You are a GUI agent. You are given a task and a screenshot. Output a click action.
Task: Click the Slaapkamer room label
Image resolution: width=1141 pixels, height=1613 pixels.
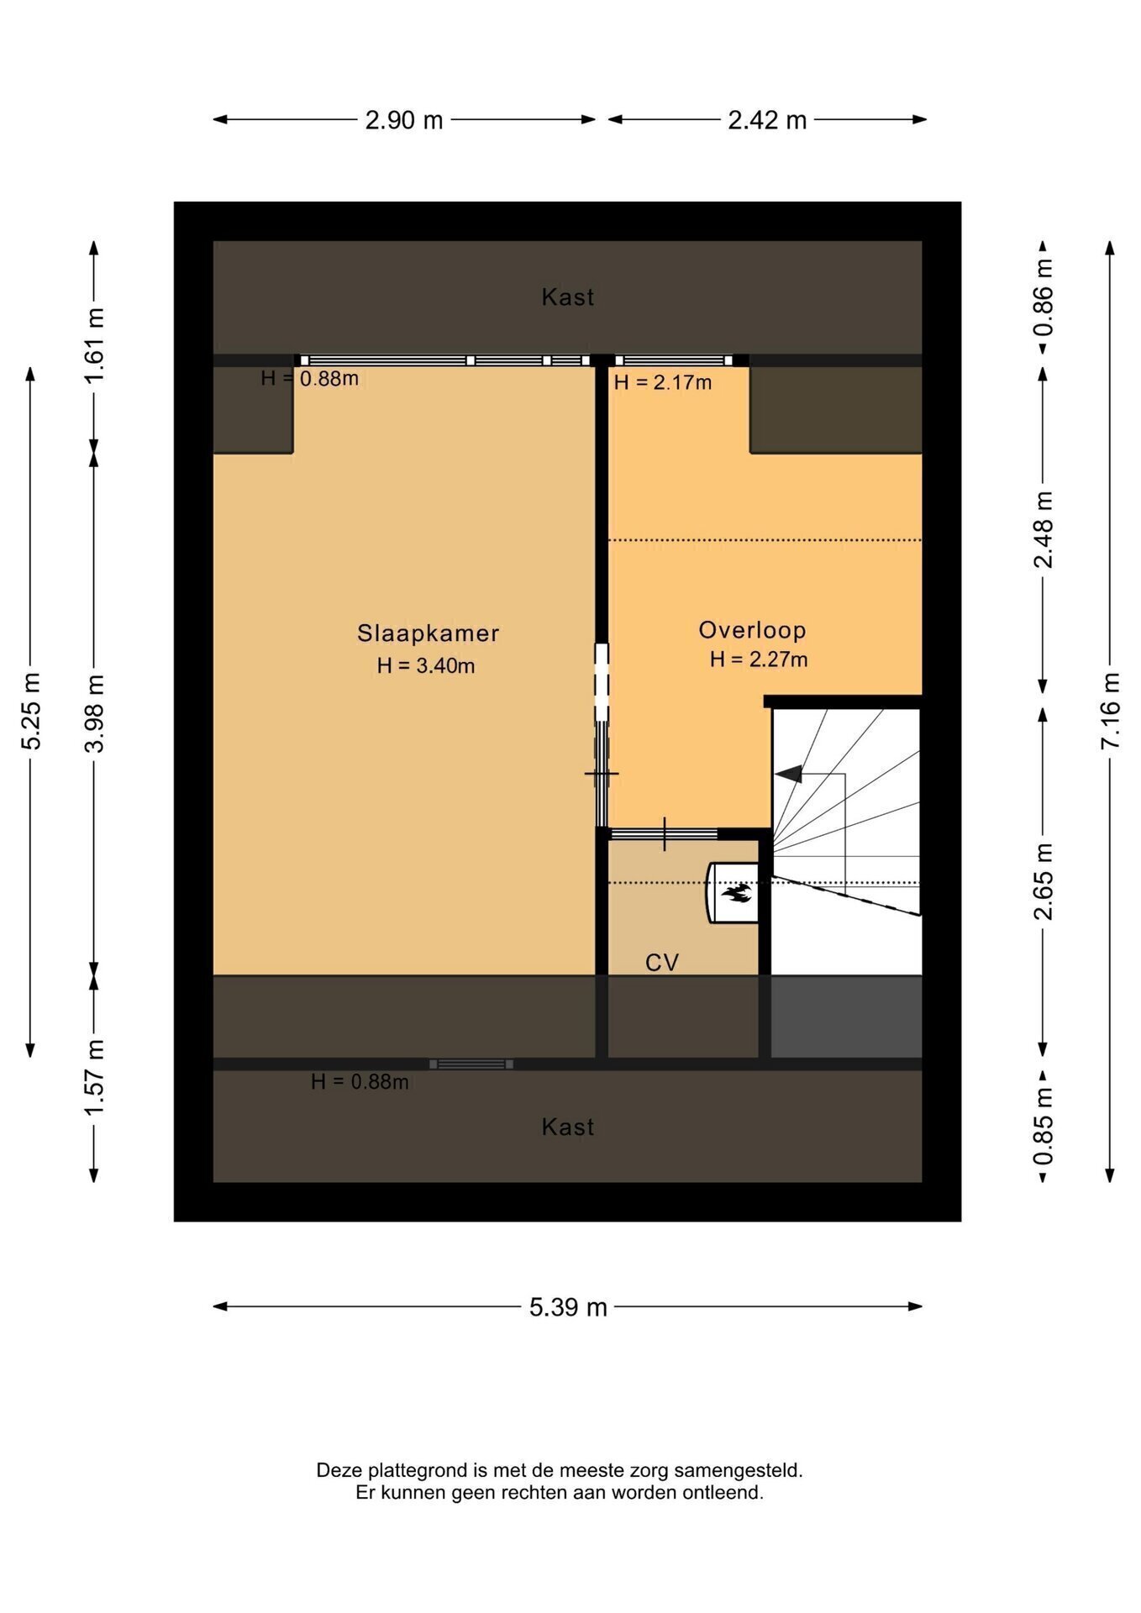click(429, 633)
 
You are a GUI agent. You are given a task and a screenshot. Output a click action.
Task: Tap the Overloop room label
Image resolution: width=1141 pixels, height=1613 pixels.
click(752, 630)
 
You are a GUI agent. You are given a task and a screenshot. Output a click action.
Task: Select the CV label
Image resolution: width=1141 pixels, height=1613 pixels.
click(662, 963)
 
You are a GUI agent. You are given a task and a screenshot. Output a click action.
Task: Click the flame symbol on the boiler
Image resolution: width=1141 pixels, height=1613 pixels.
click(736, 893)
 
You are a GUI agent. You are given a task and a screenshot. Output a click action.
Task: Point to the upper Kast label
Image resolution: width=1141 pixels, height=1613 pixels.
click(568, 297)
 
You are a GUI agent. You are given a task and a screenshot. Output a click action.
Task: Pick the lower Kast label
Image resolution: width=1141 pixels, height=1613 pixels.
click(568, 1127)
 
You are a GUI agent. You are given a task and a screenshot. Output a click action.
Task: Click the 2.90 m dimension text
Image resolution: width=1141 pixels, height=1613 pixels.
click(404, 120)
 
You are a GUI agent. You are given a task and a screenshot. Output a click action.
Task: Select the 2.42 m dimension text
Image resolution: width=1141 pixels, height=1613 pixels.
click(767, 120)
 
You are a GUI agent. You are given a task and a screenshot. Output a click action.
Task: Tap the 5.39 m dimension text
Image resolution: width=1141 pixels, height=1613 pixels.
click(568, 1307)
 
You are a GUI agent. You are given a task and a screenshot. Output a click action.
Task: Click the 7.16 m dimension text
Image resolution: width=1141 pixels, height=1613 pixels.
click(1111, 711)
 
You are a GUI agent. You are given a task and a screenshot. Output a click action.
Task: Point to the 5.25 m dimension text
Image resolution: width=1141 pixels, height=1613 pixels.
click(31, 711)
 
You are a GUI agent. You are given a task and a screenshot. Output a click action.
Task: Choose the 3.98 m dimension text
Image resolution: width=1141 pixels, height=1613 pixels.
click(94, 713)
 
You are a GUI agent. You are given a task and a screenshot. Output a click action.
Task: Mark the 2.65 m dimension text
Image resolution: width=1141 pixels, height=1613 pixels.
click(1043, 881)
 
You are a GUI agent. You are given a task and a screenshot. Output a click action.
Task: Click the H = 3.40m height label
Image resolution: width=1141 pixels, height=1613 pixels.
click(426, 666)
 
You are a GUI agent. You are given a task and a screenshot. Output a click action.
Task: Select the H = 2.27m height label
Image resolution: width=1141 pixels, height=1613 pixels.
click(759, 659)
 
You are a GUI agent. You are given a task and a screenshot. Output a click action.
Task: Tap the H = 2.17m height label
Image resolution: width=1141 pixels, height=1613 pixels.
click(663, 383)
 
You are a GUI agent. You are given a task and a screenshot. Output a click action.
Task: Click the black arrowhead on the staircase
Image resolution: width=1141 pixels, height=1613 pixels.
click(787, 775)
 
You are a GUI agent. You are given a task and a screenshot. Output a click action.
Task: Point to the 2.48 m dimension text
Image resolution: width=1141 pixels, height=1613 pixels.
click(1043, 530)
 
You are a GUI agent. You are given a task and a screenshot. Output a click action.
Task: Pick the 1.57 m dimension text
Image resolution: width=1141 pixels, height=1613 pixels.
click(94, 1078)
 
